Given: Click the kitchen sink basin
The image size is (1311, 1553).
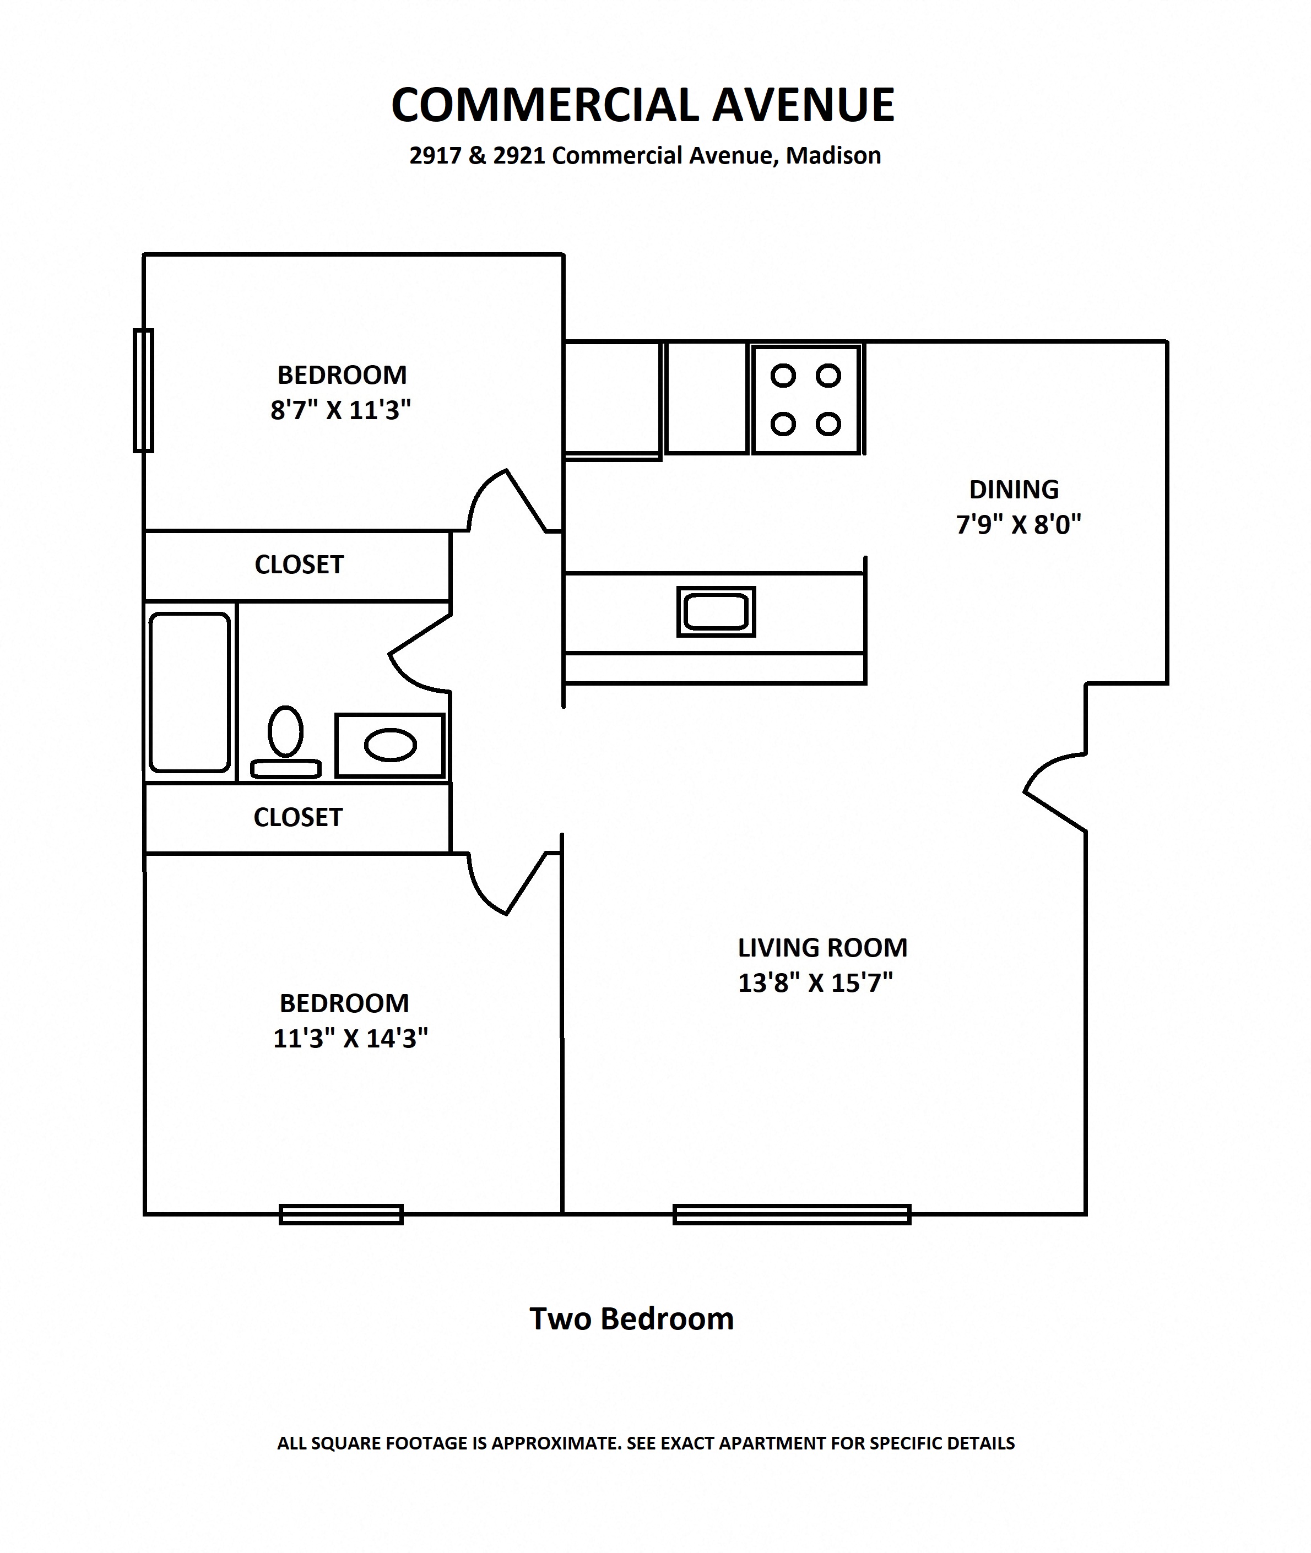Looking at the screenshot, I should click(x=716, y=611).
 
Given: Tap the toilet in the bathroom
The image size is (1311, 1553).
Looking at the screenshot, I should click(x=285, y=742).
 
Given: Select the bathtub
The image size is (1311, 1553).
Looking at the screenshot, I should click(x=189, y=692).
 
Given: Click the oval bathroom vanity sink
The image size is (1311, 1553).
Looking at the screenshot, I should click(x=390, y=745).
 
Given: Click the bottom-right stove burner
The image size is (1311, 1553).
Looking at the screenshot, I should click(x=828, y=424).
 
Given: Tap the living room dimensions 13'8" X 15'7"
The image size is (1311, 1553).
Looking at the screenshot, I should click(x=815, y=983).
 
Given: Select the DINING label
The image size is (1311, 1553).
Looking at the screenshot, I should click(x=1014, y=490).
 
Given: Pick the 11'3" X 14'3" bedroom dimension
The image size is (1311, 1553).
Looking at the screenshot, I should click(x=350, y=1038).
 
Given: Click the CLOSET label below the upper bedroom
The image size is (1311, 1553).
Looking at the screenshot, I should click(x=299, y=564).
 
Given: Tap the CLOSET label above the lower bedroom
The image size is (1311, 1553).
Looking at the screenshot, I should click(x=297, y=817).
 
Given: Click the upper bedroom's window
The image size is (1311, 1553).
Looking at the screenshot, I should click(x=143, y=391).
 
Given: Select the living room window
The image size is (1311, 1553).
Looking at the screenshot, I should click(x=792, y=1214).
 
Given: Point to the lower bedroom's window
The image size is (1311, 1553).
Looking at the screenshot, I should click(x=341, y=1214).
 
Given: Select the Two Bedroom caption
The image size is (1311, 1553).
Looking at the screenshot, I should click(x=631, y=1319).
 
